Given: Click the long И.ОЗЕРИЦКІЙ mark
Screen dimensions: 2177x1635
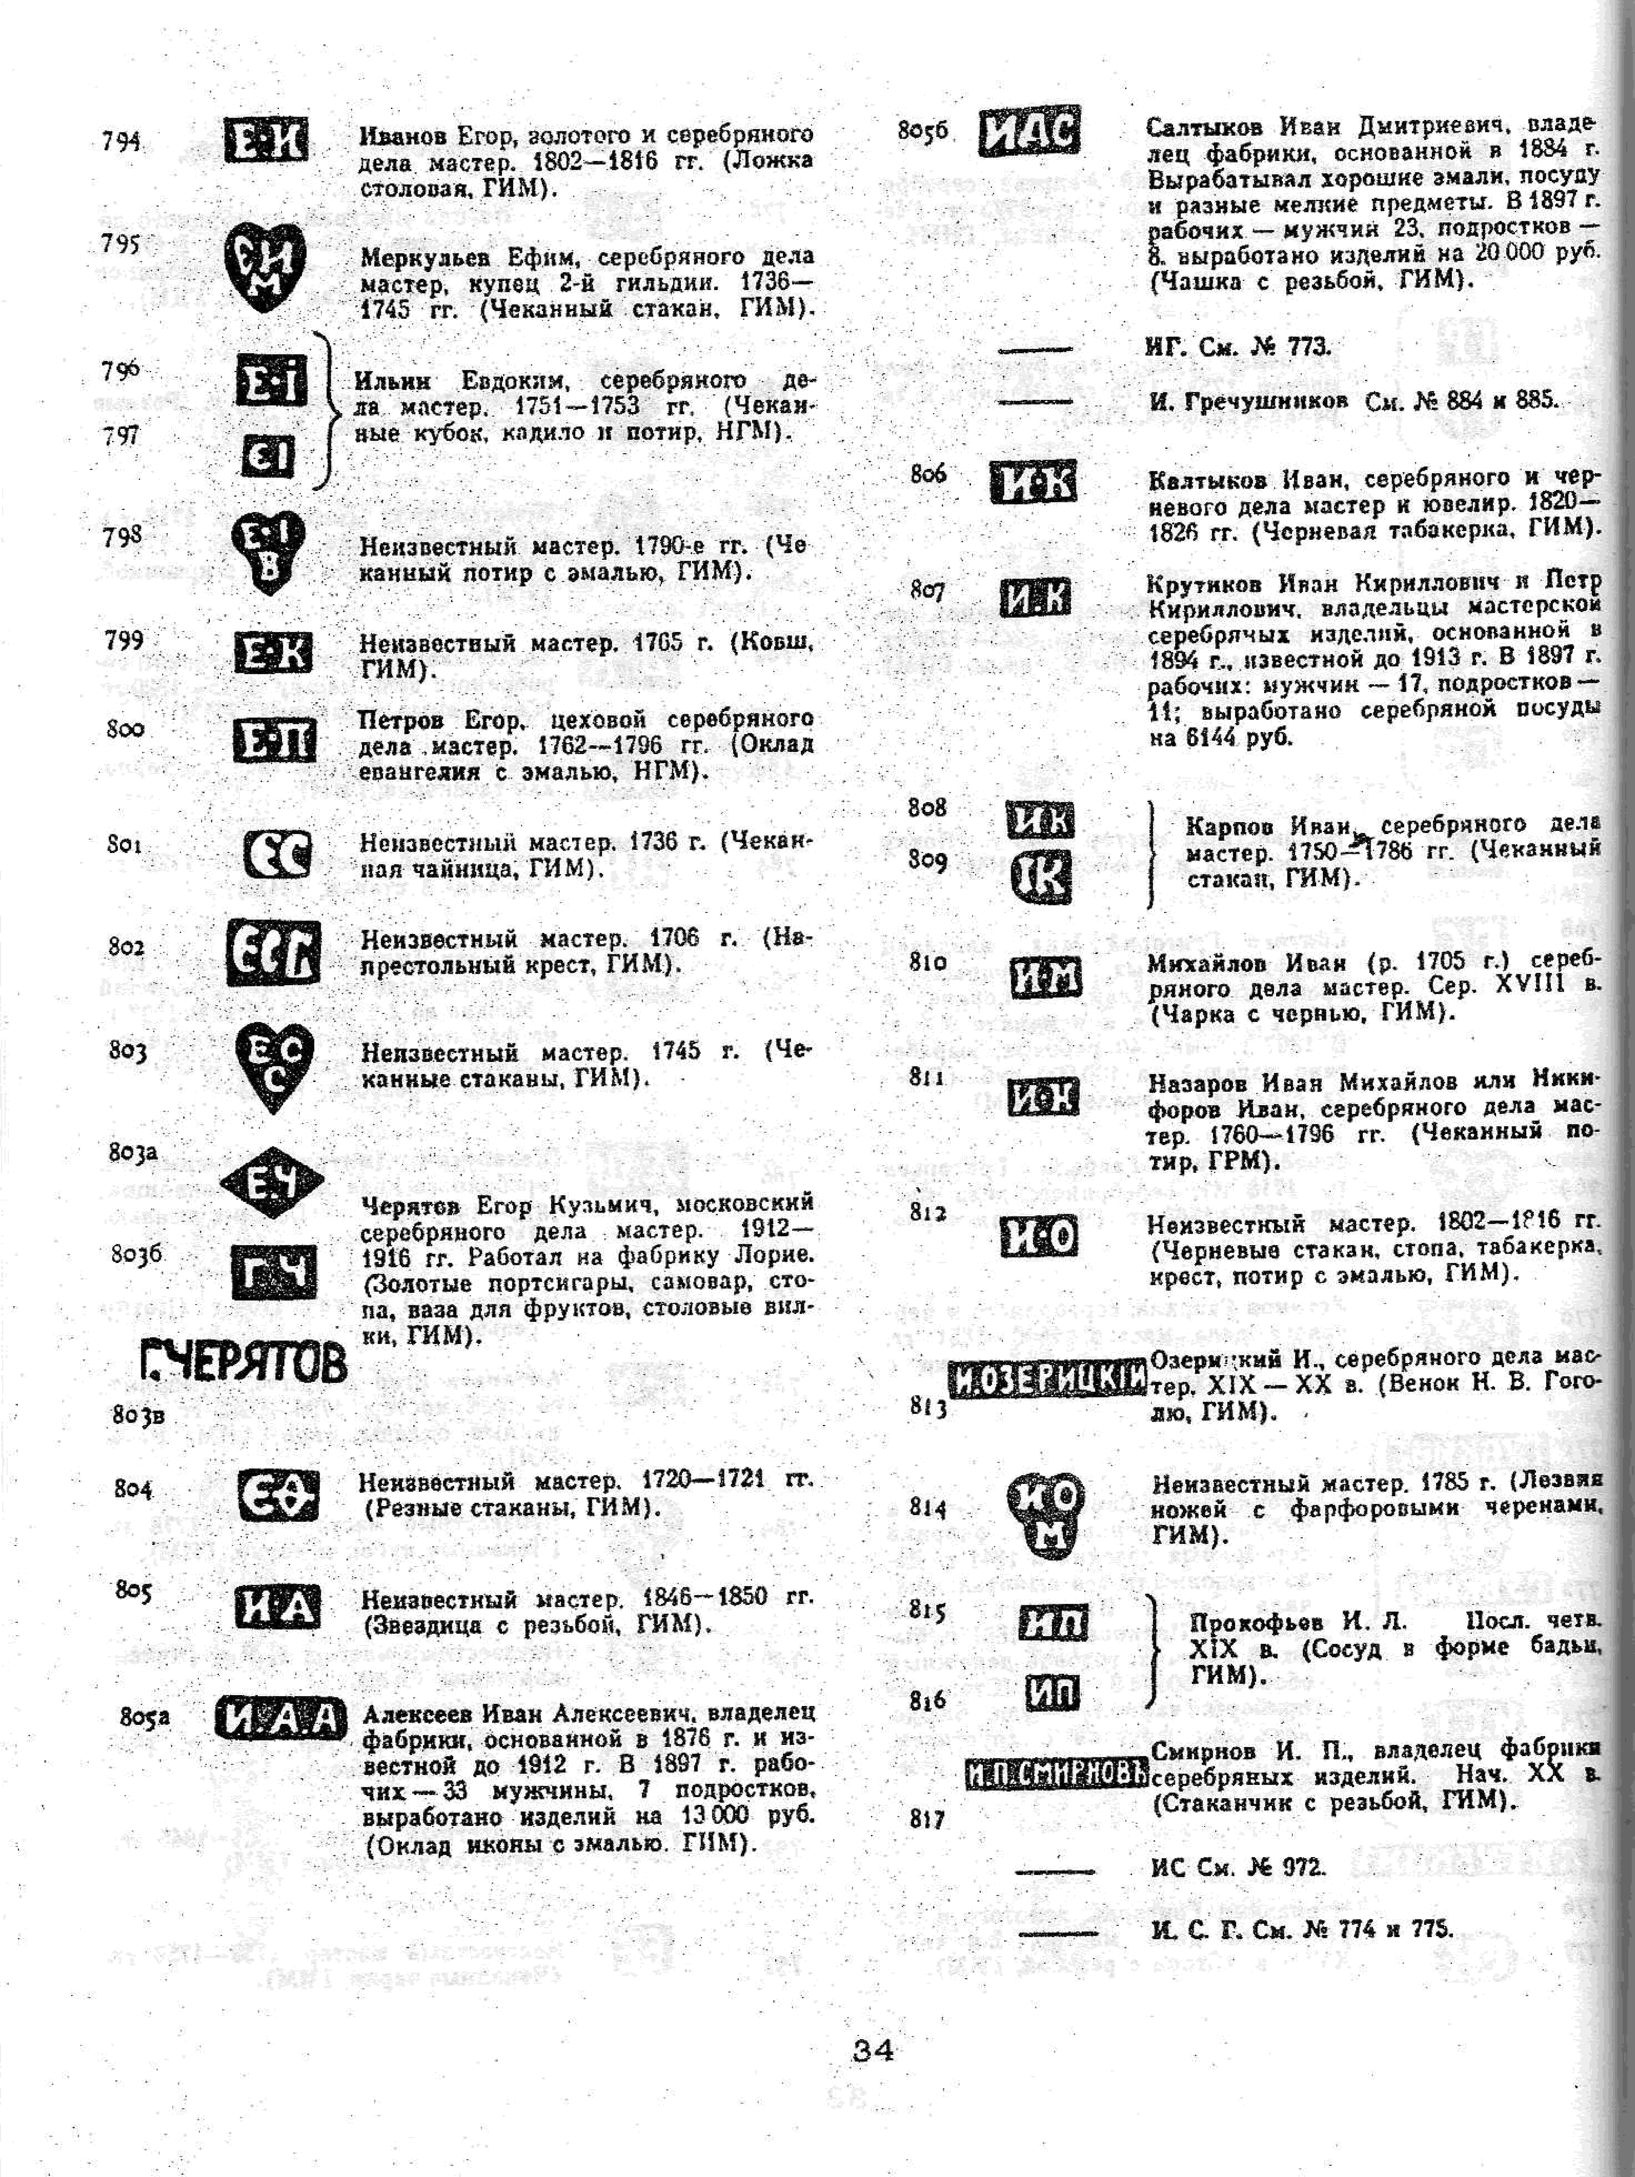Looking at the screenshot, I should click(1047, 1380).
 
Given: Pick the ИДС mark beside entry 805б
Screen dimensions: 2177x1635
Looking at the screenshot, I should click(1030, 131).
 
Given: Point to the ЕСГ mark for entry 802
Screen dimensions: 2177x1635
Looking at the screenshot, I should click(273, 952).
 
